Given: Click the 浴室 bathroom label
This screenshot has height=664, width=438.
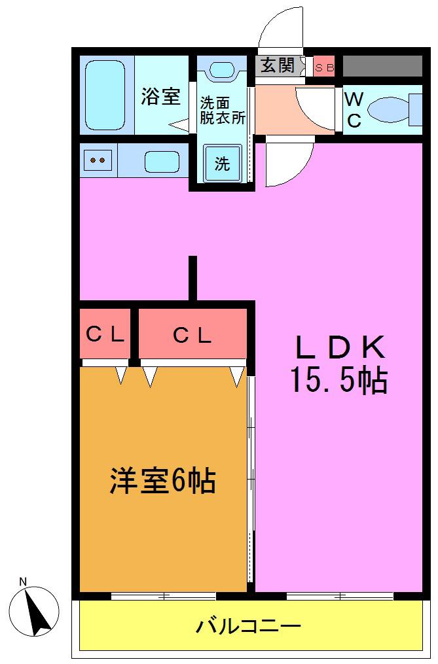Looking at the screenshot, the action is (x=160, y=97).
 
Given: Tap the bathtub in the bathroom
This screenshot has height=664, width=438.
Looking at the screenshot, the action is (x=105, y=95).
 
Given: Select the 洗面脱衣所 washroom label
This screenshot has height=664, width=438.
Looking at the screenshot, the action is (x=222, y=111).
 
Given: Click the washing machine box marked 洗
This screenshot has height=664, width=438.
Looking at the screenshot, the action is (x=222, y=164).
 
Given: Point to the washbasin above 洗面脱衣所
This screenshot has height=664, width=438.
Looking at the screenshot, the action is (x=222, y=69).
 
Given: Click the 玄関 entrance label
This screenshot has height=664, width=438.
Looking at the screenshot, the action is (x=278, y=65).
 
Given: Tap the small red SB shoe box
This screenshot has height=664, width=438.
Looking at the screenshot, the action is (x=324, y=67).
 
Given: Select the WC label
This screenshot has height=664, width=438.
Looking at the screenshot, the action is (x=354, y=110).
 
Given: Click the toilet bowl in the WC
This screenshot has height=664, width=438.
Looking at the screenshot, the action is (x=390, y=110).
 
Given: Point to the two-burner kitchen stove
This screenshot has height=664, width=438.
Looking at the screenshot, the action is (x=98, y=160).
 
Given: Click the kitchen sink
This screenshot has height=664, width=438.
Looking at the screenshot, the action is (x=162, y=162).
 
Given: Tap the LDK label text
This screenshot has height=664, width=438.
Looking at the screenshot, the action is (x=340, y=347).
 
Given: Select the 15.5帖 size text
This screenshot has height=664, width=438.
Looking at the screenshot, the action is (x=338, y=379).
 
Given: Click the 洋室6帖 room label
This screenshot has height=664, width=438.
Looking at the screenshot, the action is (x=163, y=481).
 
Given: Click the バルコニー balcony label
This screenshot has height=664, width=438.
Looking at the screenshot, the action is (x=249, y=626).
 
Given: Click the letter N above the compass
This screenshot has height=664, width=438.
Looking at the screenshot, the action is (x=24, y=582).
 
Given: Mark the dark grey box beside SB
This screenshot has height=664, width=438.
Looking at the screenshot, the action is (x=382, y=66).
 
